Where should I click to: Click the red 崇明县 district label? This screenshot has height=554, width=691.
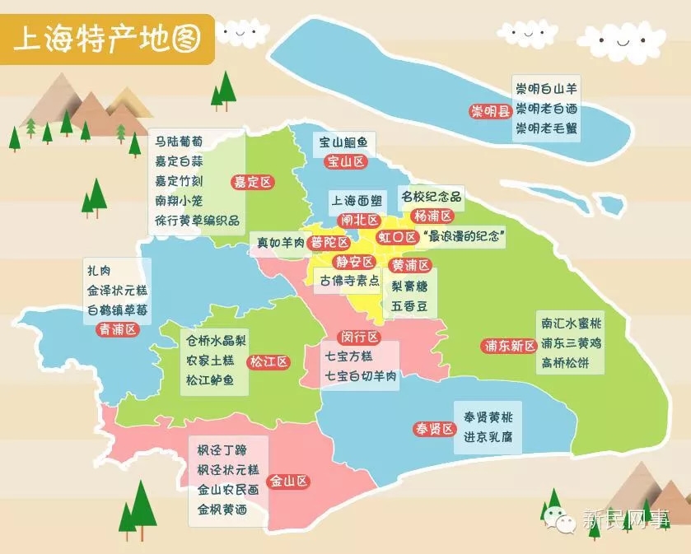click(x=491, y=111)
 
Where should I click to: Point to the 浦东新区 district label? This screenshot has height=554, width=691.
click(x=509, y=346)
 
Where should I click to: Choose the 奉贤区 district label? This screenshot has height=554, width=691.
click(x=434, y=429)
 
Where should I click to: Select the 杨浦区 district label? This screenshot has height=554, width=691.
click(x=433, y=216)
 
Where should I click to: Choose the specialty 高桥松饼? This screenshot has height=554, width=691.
click(x=572, y=362)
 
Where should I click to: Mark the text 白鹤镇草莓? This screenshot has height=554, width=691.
click(x=117, y=310)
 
